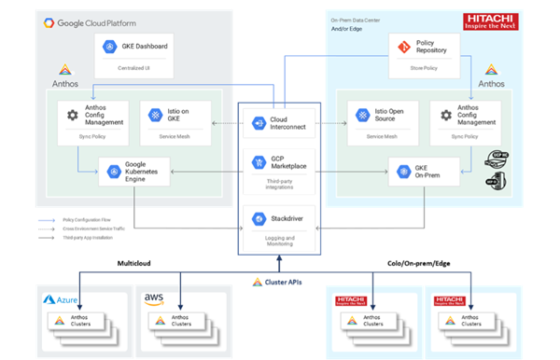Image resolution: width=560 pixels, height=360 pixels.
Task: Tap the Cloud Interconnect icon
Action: [x=259, y=122]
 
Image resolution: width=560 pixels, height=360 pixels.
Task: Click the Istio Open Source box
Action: [x=382, y=121]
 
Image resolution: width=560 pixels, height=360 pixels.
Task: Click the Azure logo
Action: [x=63, y=299]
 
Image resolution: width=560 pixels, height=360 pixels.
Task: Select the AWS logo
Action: [x=155, y=299]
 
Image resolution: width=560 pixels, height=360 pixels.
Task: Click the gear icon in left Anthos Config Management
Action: [x=72, y=116]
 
